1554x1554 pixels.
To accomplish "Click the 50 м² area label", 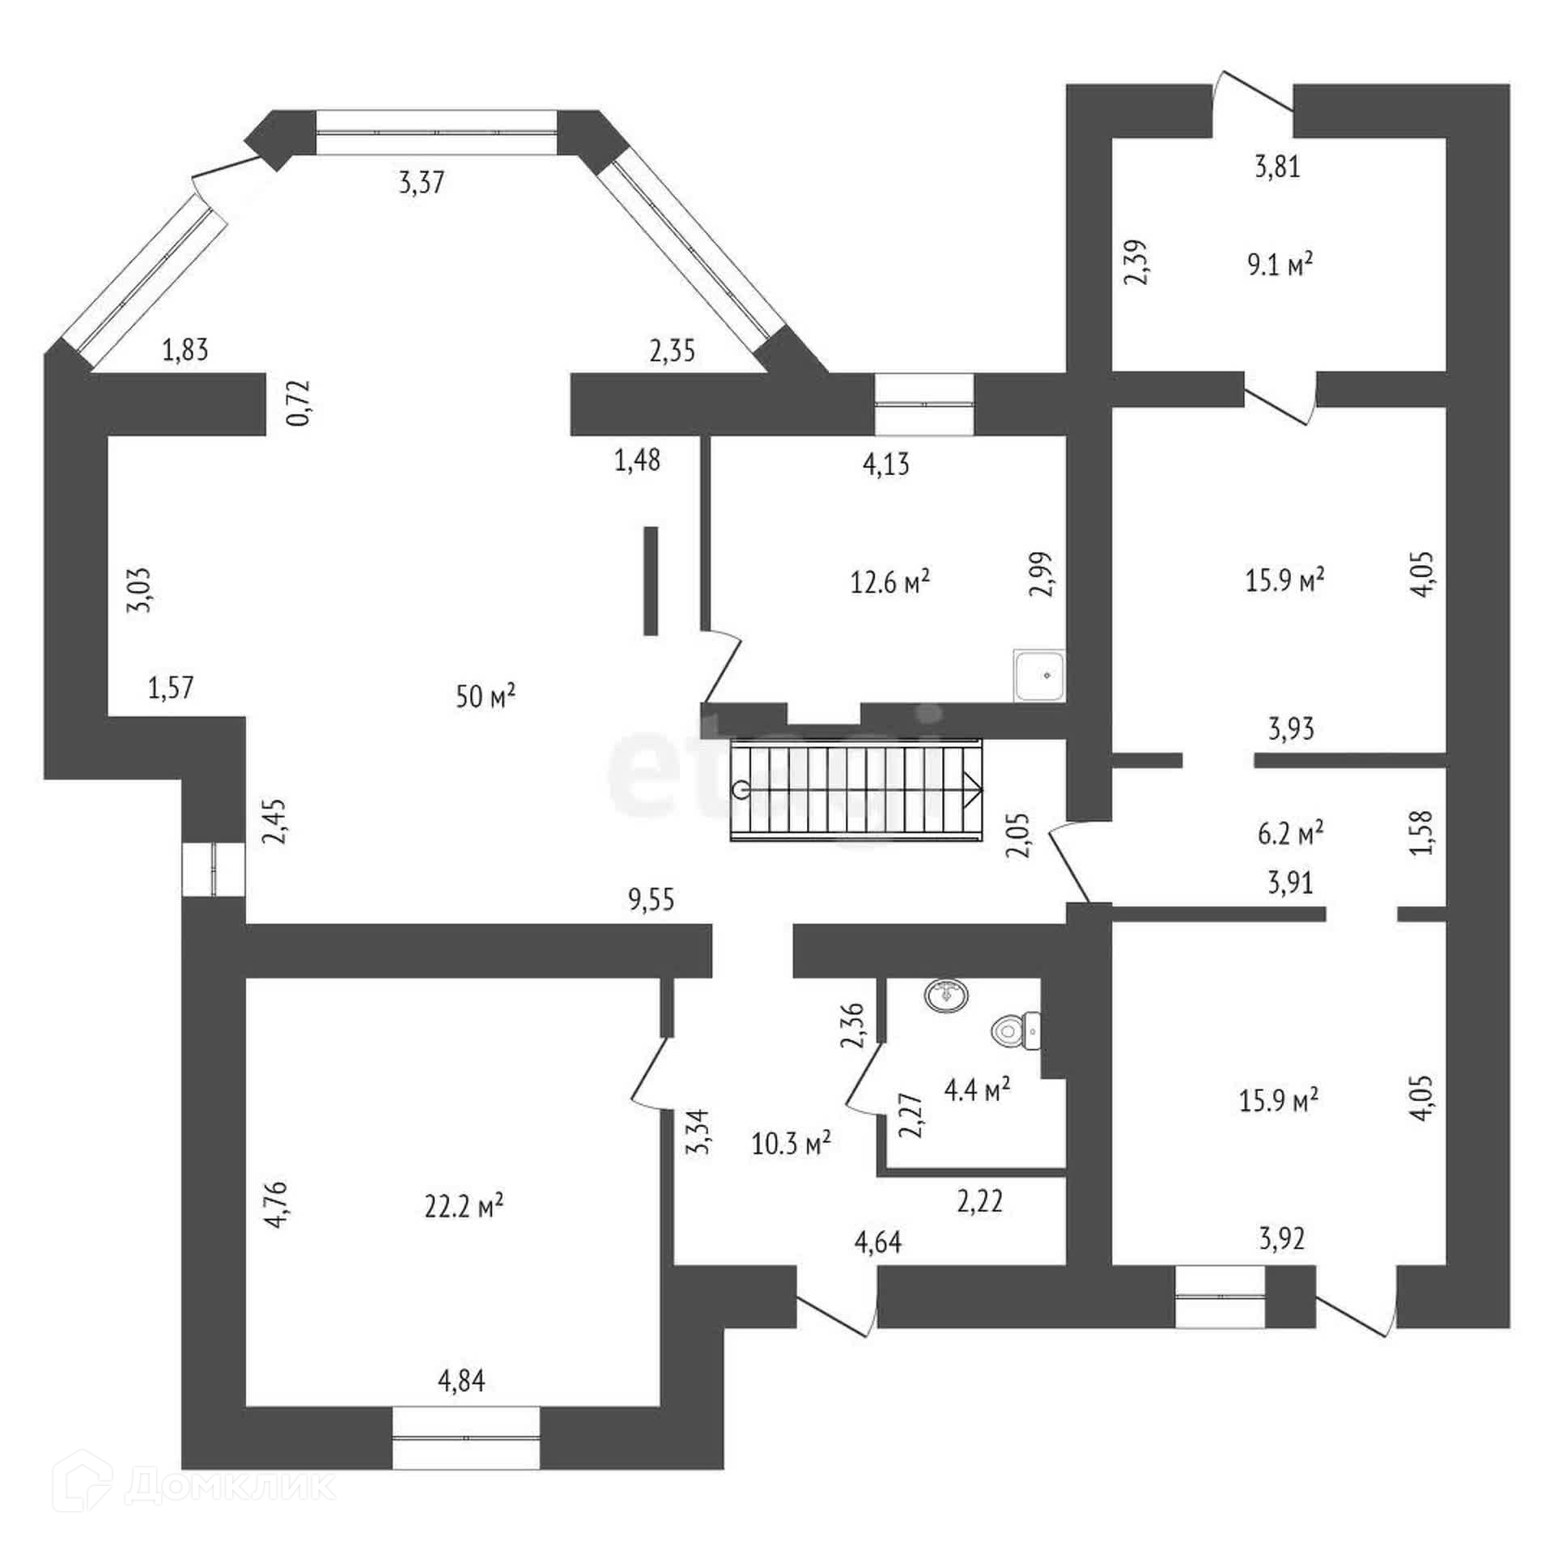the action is click(486, 696).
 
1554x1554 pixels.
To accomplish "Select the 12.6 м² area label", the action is click(890, 582).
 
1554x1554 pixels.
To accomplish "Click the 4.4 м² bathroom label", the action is click(977, 1090).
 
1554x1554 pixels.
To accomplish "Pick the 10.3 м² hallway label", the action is click(791, 1144).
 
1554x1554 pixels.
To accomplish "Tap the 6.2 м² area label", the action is click(1290, 833).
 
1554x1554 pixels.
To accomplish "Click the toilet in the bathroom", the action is click(1015, 1031).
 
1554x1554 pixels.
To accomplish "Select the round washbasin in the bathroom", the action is click(947, 996).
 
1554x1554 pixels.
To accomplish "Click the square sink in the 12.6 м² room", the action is click(1040, 675).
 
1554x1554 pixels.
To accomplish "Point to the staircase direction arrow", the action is click(971, 790).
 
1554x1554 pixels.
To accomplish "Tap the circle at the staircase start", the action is click(740, 791).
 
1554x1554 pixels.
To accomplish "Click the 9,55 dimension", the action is click(652, 899).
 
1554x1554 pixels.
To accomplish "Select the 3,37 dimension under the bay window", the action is click(422, 183).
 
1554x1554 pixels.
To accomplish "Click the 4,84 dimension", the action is click(461, 1380).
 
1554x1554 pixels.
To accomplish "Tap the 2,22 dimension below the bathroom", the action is click(980, 1201).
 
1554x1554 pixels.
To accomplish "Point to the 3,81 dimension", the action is click(1277, 167).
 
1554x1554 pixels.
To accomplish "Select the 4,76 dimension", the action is click(277, 1205).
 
